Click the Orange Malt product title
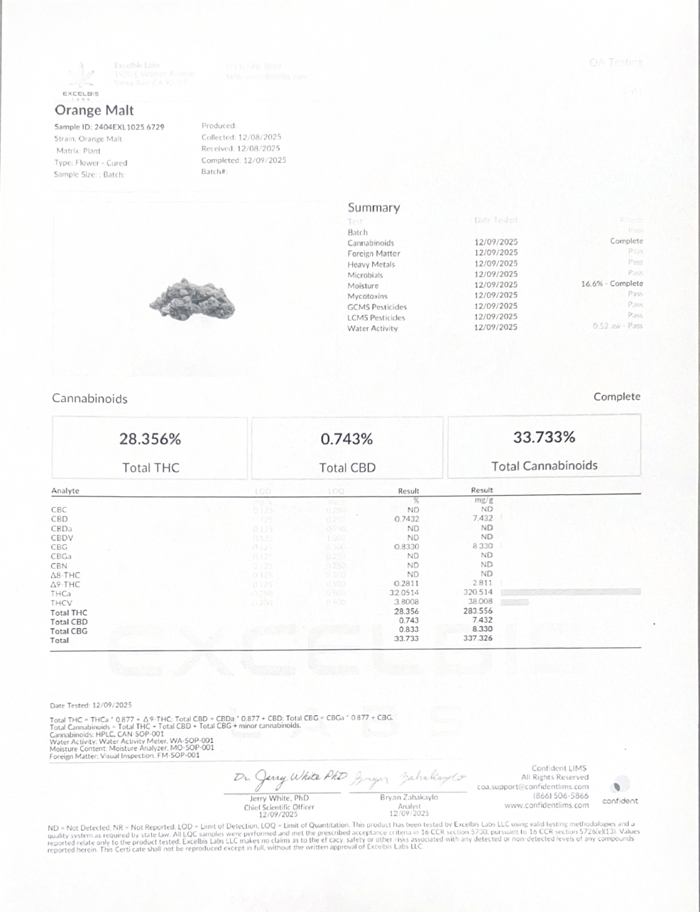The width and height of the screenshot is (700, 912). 94,110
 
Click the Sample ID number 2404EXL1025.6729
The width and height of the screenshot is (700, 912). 129,127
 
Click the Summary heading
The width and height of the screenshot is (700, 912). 373,207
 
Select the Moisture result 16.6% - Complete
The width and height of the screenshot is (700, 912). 611,284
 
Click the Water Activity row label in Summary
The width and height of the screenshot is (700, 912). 372,328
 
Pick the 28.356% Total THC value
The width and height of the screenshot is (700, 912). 150,440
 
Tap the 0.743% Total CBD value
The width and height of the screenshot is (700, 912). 346,440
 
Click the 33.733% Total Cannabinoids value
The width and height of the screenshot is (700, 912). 544,438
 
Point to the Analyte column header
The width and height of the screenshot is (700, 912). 65,491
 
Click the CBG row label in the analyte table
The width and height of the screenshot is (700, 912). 59,547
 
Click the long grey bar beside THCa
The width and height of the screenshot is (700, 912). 570,591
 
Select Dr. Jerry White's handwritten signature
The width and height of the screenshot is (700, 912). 290,776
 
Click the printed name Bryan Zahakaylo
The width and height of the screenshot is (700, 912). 405,798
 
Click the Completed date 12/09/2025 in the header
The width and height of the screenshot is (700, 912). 264,161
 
